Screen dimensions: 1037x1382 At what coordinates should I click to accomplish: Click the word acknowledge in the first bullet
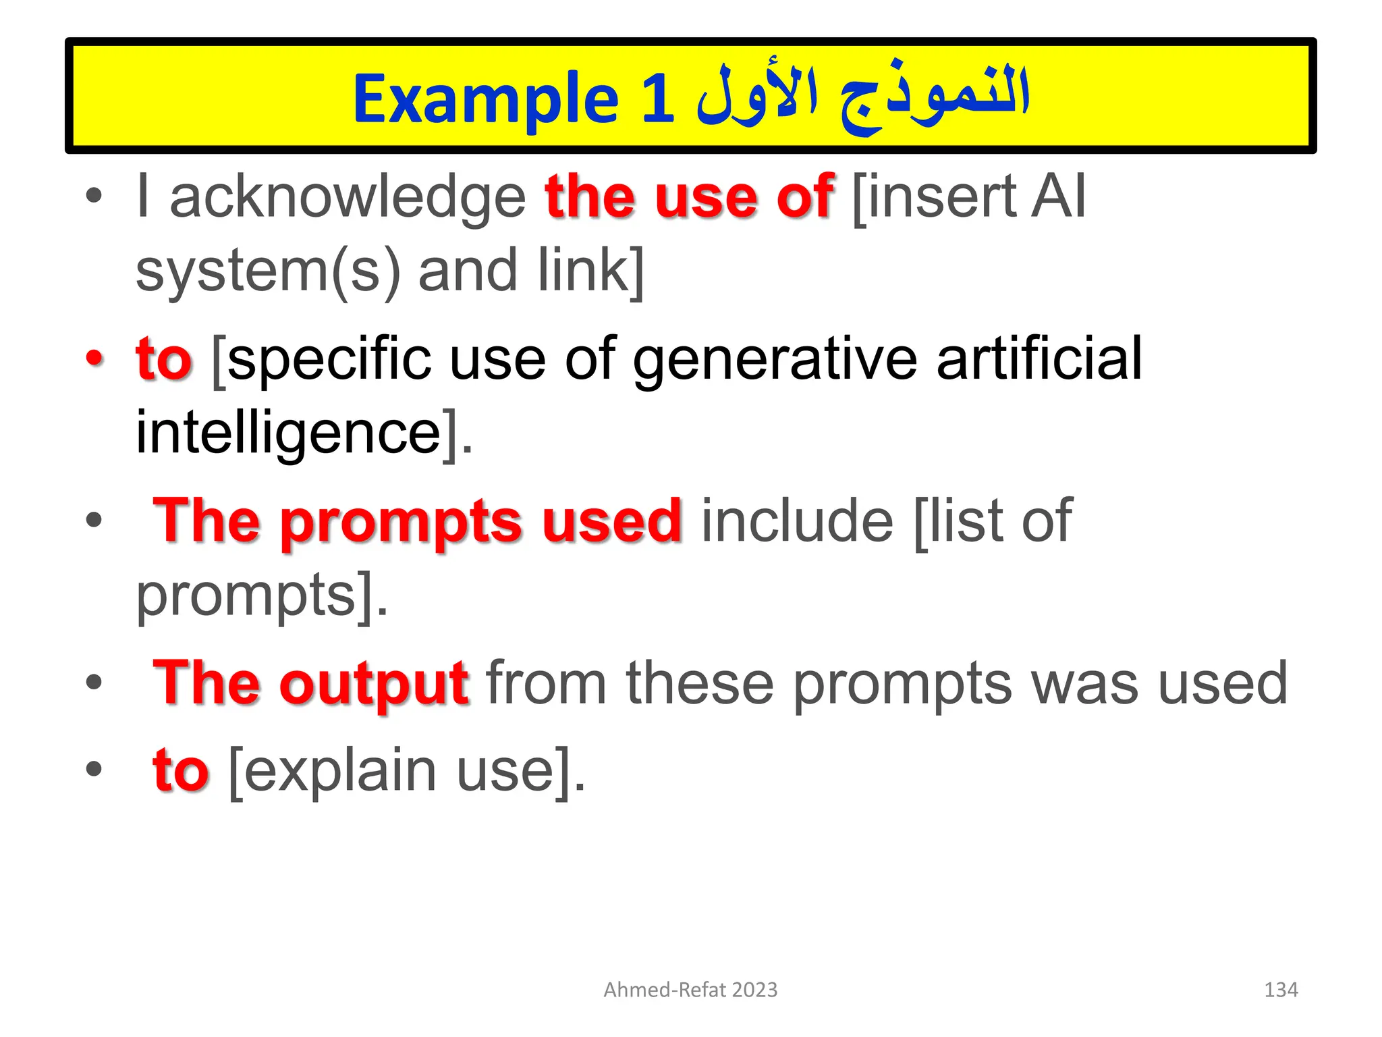(348, 197)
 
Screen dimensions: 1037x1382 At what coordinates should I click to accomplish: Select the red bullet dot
(94, 358)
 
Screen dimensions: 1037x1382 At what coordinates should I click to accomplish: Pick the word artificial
(1039, 358)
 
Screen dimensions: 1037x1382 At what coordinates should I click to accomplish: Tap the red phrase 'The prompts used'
(418, 521)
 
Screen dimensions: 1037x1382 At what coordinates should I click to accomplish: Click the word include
(798, 521)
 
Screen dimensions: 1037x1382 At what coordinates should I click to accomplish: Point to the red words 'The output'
(310, 683)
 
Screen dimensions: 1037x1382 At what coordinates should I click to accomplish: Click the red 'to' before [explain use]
(181, 771)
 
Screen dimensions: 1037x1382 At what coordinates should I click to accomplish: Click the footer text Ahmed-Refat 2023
(690, 990)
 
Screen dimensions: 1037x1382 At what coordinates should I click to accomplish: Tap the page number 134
(1280, 990)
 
